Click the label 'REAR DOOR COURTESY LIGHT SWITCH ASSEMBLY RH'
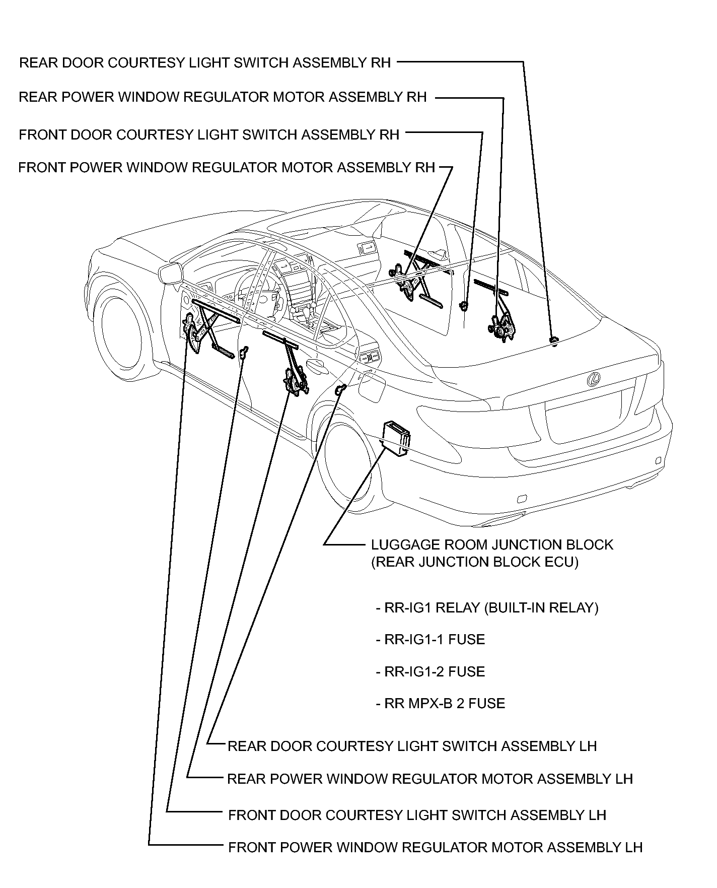pos(205,63)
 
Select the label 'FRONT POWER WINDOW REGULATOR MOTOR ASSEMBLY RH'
pos(227,167)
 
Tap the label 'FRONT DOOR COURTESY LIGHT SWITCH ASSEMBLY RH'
pos(209,135)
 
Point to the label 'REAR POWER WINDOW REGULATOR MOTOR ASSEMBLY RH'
pos(223,97)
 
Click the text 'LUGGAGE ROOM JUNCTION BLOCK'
pos(492,545)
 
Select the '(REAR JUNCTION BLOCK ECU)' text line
pos(475,562)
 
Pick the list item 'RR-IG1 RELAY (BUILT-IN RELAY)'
pos(487,608)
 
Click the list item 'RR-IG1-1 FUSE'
pos(431,640)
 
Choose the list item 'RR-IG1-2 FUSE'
pos(431,672)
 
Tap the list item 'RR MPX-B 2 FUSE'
pos(441,704)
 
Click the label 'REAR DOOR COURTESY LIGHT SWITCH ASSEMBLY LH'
pos(412,746)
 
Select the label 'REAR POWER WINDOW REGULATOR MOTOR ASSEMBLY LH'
pos(430,779)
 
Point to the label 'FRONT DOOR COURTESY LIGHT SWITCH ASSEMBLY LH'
pos(417,815)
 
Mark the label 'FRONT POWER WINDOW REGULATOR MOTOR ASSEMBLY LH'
pos(435,847)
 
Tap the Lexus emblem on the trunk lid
pos(594,379)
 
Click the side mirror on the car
pos(170,274)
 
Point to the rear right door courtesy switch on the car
pos(553,341)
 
